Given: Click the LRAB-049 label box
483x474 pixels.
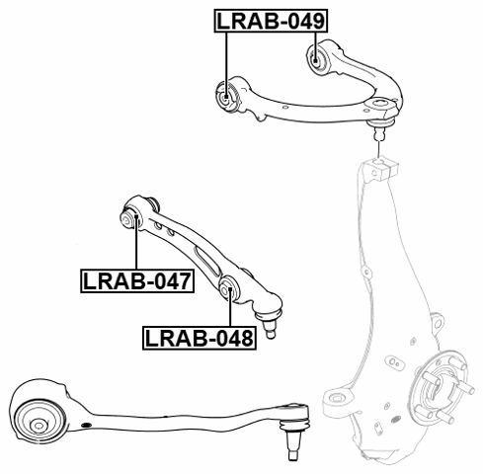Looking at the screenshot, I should pyautogui.click(x=272, y=20).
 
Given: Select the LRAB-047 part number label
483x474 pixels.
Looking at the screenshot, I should pyautogui.click(x=137, y=282).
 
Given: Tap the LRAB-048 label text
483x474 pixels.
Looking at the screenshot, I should pyautogui.click(x=199, y=339).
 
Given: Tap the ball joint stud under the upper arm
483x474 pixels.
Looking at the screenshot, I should pyautogui.click(x=378, y=125).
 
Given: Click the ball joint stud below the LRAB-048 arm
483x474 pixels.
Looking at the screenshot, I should pyautogui.click(x=271, y=322).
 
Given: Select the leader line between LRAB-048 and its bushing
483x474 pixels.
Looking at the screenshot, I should pyautogui.click(x=229, y=312).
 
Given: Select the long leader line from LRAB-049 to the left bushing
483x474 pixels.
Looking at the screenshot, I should pyautogui.click(x=226, y=59).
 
